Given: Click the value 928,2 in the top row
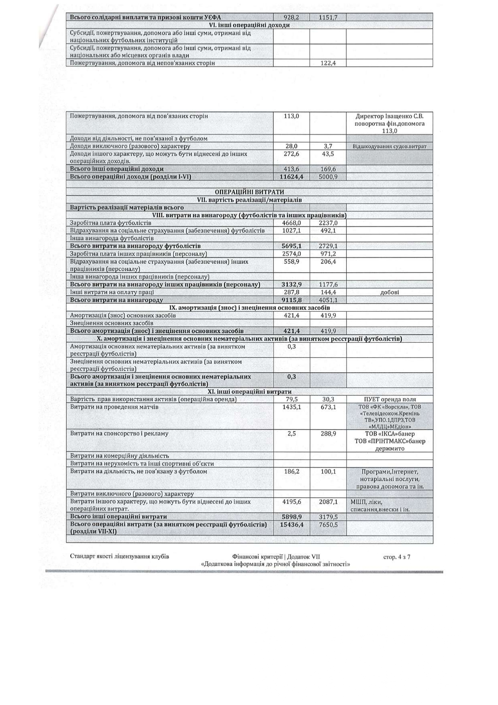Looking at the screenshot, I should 291,17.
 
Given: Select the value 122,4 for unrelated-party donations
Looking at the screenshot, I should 328,63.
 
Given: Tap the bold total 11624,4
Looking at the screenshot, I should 291,177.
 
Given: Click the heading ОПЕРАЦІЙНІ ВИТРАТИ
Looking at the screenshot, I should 249,192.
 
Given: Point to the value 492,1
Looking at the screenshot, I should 328,231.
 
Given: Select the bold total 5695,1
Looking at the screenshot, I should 291,246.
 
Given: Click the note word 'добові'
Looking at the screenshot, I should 389,292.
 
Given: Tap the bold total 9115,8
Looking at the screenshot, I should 291,300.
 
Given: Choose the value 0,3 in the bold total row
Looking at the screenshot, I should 291,377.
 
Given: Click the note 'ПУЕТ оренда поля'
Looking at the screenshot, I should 390,399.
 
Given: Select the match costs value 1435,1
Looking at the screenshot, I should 291,407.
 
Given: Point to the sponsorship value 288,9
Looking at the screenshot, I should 328,434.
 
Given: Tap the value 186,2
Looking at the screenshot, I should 291,472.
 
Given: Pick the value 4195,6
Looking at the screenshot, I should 291,502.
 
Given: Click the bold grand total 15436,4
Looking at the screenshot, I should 291,525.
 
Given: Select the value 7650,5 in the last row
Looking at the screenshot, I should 328,525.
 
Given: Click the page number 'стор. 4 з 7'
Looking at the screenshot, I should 396,557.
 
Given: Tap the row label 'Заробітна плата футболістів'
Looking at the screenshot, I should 110,223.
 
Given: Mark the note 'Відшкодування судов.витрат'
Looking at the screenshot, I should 389,146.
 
